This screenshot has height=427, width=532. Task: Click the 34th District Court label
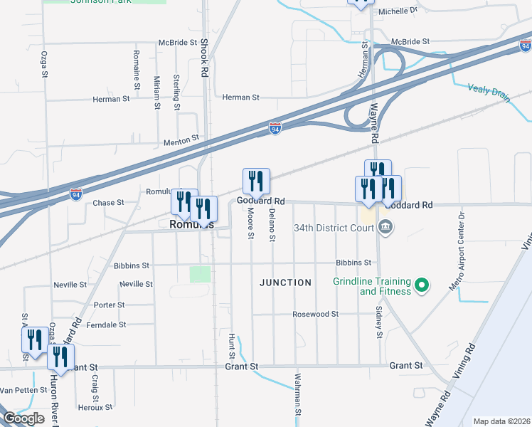pos(334,228)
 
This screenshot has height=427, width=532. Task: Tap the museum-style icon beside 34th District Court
pos(386,228)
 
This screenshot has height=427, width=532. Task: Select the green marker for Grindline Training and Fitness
pos(422,286)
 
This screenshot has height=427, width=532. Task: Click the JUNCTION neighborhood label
pos(285,283)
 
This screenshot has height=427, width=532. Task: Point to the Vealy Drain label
pos(489,92)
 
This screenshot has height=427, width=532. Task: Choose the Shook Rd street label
pos(204,58)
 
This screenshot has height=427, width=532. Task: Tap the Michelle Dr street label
pos(398,11)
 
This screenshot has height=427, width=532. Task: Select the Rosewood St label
pos(315,314)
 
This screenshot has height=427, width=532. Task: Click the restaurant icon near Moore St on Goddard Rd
pos(256,181)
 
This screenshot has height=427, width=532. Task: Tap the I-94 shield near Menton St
pos(275,129)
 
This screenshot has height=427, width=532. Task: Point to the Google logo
pos(23,418)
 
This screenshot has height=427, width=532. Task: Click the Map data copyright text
pos(501,421)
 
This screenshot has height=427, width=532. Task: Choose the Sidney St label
pos(379,323)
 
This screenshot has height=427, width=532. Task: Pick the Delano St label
pos(272,224)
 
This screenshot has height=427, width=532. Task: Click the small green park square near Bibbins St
pos(201,274)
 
